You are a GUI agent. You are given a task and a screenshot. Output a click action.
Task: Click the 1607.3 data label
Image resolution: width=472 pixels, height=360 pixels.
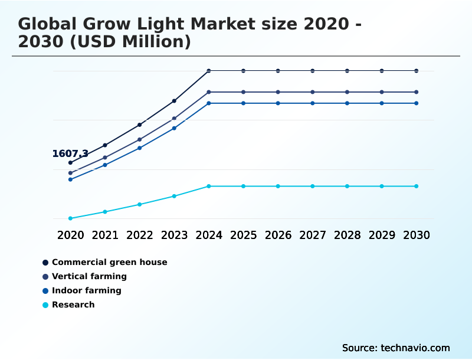70,154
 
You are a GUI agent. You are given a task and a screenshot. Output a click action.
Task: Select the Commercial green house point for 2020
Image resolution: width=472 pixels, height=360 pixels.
70,162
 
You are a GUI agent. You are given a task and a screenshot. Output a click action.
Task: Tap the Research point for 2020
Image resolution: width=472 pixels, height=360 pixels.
70,218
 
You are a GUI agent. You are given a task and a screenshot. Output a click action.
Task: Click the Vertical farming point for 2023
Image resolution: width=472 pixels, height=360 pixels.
174,119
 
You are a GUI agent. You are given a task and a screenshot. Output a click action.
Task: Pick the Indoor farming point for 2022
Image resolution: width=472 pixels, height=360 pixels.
140,148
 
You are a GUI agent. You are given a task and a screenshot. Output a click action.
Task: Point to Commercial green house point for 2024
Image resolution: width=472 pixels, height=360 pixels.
209,71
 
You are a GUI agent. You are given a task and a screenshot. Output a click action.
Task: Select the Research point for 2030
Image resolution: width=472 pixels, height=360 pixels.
417,186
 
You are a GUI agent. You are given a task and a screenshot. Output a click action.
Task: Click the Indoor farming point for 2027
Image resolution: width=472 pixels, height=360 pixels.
313,103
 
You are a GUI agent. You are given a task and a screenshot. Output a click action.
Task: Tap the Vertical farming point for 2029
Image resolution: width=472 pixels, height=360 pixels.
382,92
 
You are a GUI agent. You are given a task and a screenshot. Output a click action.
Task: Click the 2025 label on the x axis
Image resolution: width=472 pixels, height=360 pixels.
244,235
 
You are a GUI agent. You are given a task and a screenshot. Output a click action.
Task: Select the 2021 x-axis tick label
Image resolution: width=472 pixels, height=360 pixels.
105,235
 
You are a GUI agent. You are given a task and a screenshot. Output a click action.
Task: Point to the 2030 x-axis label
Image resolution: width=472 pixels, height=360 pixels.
417,235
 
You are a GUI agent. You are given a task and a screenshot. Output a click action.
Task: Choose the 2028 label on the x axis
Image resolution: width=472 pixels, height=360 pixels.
347,235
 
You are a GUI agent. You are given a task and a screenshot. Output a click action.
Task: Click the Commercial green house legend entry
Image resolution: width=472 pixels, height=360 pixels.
109,262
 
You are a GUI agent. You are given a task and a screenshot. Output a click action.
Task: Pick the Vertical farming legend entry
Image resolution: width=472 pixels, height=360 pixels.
89,276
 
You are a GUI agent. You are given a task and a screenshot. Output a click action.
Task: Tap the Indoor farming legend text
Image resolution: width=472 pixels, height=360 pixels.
86,290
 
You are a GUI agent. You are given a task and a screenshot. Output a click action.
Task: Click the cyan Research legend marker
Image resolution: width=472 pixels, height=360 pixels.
45,305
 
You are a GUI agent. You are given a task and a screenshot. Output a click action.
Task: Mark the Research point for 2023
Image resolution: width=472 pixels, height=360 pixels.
174,196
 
